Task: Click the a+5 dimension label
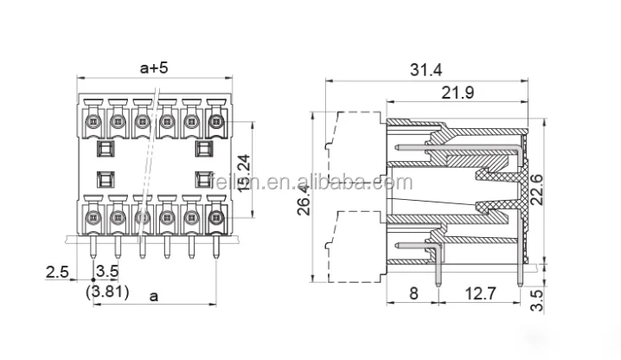(x=155, y=67)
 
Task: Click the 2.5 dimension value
(x=57, y=272)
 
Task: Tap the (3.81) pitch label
(x=107, y=292)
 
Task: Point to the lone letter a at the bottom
(x=154, y=296)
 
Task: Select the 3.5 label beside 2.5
(x=106, y=272)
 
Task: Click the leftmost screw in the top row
(x=93, y=121)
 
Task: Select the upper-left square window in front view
(x=105, y=150)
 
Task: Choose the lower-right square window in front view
(x=204, y=180)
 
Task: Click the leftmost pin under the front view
(x=93, y=251)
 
